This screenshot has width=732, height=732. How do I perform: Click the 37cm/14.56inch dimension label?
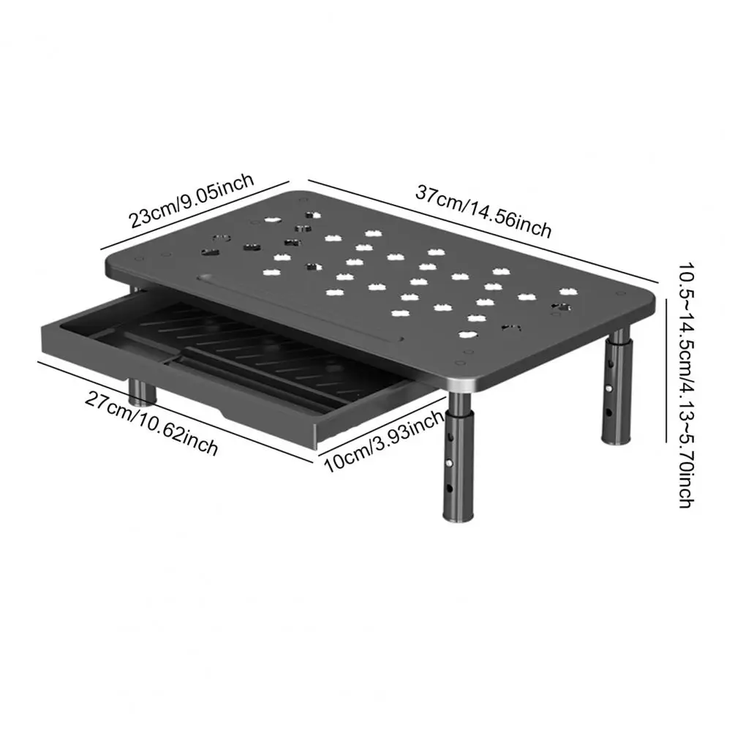click(x=483, y=213)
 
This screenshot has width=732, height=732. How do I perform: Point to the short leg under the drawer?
click(x=143, y=392)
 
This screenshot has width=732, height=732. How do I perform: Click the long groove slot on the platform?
click(x=300, y=307)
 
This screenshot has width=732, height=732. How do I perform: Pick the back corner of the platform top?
click(x=303, y=193)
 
